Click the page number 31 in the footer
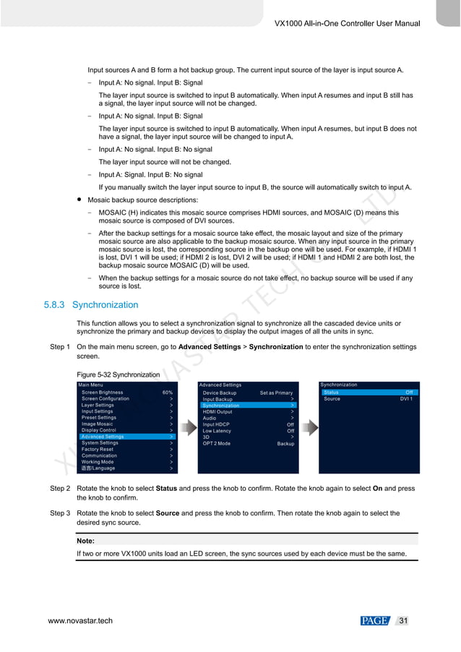[403, 621]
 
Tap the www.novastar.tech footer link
[80, 621]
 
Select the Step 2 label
[59, 489]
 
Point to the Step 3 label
[59, 513]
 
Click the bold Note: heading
[86, 540]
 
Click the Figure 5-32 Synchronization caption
[118, 374]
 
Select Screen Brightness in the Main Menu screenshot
[102, 393]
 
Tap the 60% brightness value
[168, 393]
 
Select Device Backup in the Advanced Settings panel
[219, 393]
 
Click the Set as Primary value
[276, 393]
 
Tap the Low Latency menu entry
[217, 431]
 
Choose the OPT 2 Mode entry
[216, 443]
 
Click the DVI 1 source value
[406, 399]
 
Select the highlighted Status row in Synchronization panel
[369, 393]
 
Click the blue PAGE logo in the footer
[375, 621]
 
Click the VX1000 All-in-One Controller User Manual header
[347, 24]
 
